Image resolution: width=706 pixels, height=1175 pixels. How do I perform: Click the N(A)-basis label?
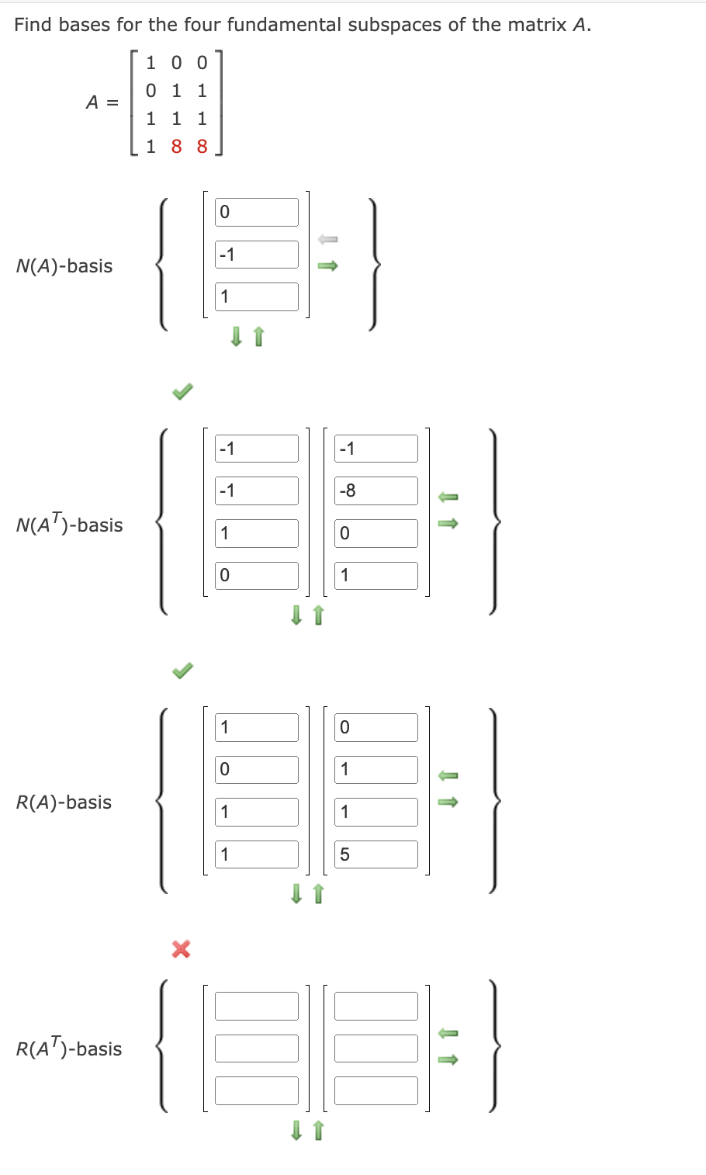pyautogui.click(x=64, y=266)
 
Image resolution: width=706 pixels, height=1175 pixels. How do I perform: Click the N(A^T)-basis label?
pyautogui.click(x=69, y=525)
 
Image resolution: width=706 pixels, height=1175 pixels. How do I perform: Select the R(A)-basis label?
pyautogui.click(x=64, y=802)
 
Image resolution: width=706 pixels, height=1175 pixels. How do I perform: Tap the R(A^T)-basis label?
pyautogui.click(x=69, y=1049)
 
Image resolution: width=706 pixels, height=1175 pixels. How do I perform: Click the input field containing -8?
pyautogui.click(x=376, y=490)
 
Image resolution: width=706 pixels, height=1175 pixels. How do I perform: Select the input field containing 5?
pyautogui.click(x=376, y=854)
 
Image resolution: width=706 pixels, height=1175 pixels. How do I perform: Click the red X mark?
pyautogui.click(x=181, y=948)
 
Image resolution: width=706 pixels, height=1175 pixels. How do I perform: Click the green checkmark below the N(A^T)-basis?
pyautogui.click(x=182, y=670)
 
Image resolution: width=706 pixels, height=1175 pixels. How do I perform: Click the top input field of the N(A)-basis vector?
pyautogui.click(x=257, y=212)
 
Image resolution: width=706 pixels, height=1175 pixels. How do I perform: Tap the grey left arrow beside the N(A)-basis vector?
pyautogui.click(x=328, y=239)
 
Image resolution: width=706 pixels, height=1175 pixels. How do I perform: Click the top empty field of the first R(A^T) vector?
pyautogui.click(x=257, y=1006)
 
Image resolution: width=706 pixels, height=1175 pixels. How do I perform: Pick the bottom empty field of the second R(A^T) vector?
pyautogui.click(x=376, y=1090)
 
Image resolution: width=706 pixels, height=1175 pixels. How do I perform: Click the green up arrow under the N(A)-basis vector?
pyautogui.click(x=259, y=336)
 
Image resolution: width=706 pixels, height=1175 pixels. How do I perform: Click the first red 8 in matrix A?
pyautogui.click(x=176, y=147)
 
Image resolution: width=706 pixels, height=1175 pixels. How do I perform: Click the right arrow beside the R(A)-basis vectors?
pyautogui.click(x=448, y=802)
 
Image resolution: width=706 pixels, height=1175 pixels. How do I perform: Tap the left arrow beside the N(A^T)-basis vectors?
pyautogui.click(x=448, y=496)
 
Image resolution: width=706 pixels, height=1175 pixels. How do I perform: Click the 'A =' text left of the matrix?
pyautogui.click(x=102, y=102)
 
